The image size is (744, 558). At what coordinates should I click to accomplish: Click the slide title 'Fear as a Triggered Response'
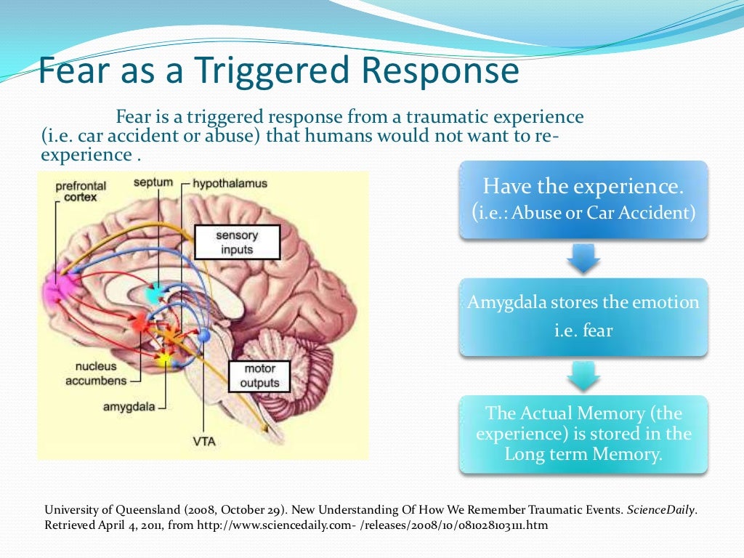point(278,71)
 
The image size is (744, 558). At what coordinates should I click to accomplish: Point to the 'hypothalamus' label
point(230,184)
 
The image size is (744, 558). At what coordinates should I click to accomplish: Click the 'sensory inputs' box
point(237,243)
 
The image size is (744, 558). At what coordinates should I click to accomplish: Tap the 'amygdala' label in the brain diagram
point(129,407)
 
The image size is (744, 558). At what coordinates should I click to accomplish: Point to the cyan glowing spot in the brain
point(155,294)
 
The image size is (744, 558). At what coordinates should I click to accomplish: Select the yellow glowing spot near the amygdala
point(165,357)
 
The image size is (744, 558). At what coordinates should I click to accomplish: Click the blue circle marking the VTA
point(204,336)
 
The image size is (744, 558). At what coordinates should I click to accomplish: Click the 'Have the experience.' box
point(583,199)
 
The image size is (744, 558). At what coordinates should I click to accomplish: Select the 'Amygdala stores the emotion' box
point(583,316)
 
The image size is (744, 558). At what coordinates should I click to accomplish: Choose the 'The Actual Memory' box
point(583,434)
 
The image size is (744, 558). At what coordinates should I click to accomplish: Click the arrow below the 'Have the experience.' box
point(583,259)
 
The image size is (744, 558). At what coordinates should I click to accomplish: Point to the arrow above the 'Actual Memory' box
point(583,376)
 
